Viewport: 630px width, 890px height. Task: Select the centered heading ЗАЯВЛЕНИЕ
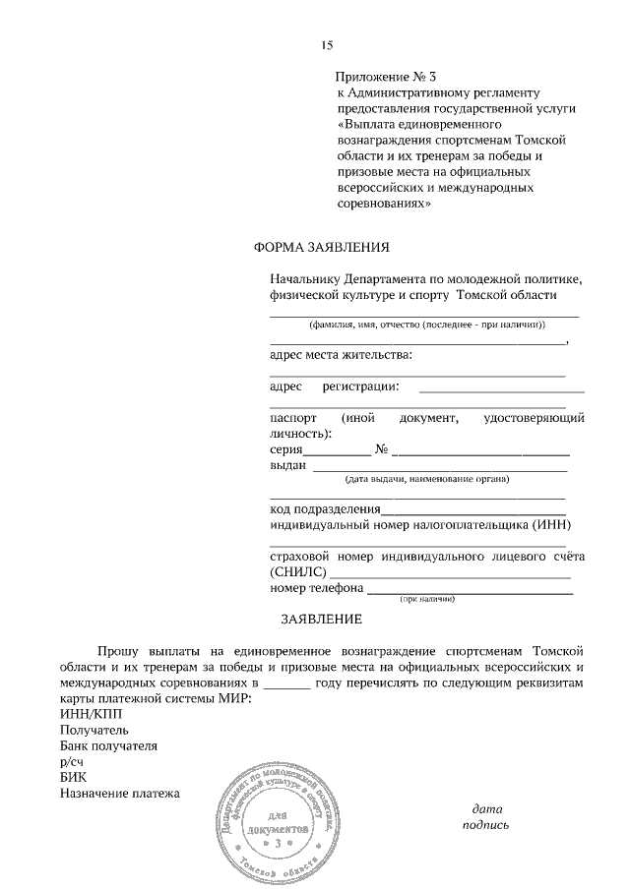pyautogui.click(x=322, y=620)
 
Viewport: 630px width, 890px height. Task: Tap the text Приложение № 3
pyautogui.click(x=385, y=76)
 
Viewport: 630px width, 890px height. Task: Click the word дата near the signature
pyautogui.click(x=487, y=808)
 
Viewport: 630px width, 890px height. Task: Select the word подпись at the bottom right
pyautogui.click(x=486, y=825)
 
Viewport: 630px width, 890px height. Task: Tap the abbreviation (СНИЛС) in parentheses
pyautogui.click(x=298, y=573)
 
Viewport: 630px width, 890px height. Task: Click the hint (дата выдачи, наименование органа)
pyautogui.click(x=426, y=480)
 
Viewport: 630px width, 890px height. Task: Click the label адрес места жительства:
pyautogui.click(x=341, y=354)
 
